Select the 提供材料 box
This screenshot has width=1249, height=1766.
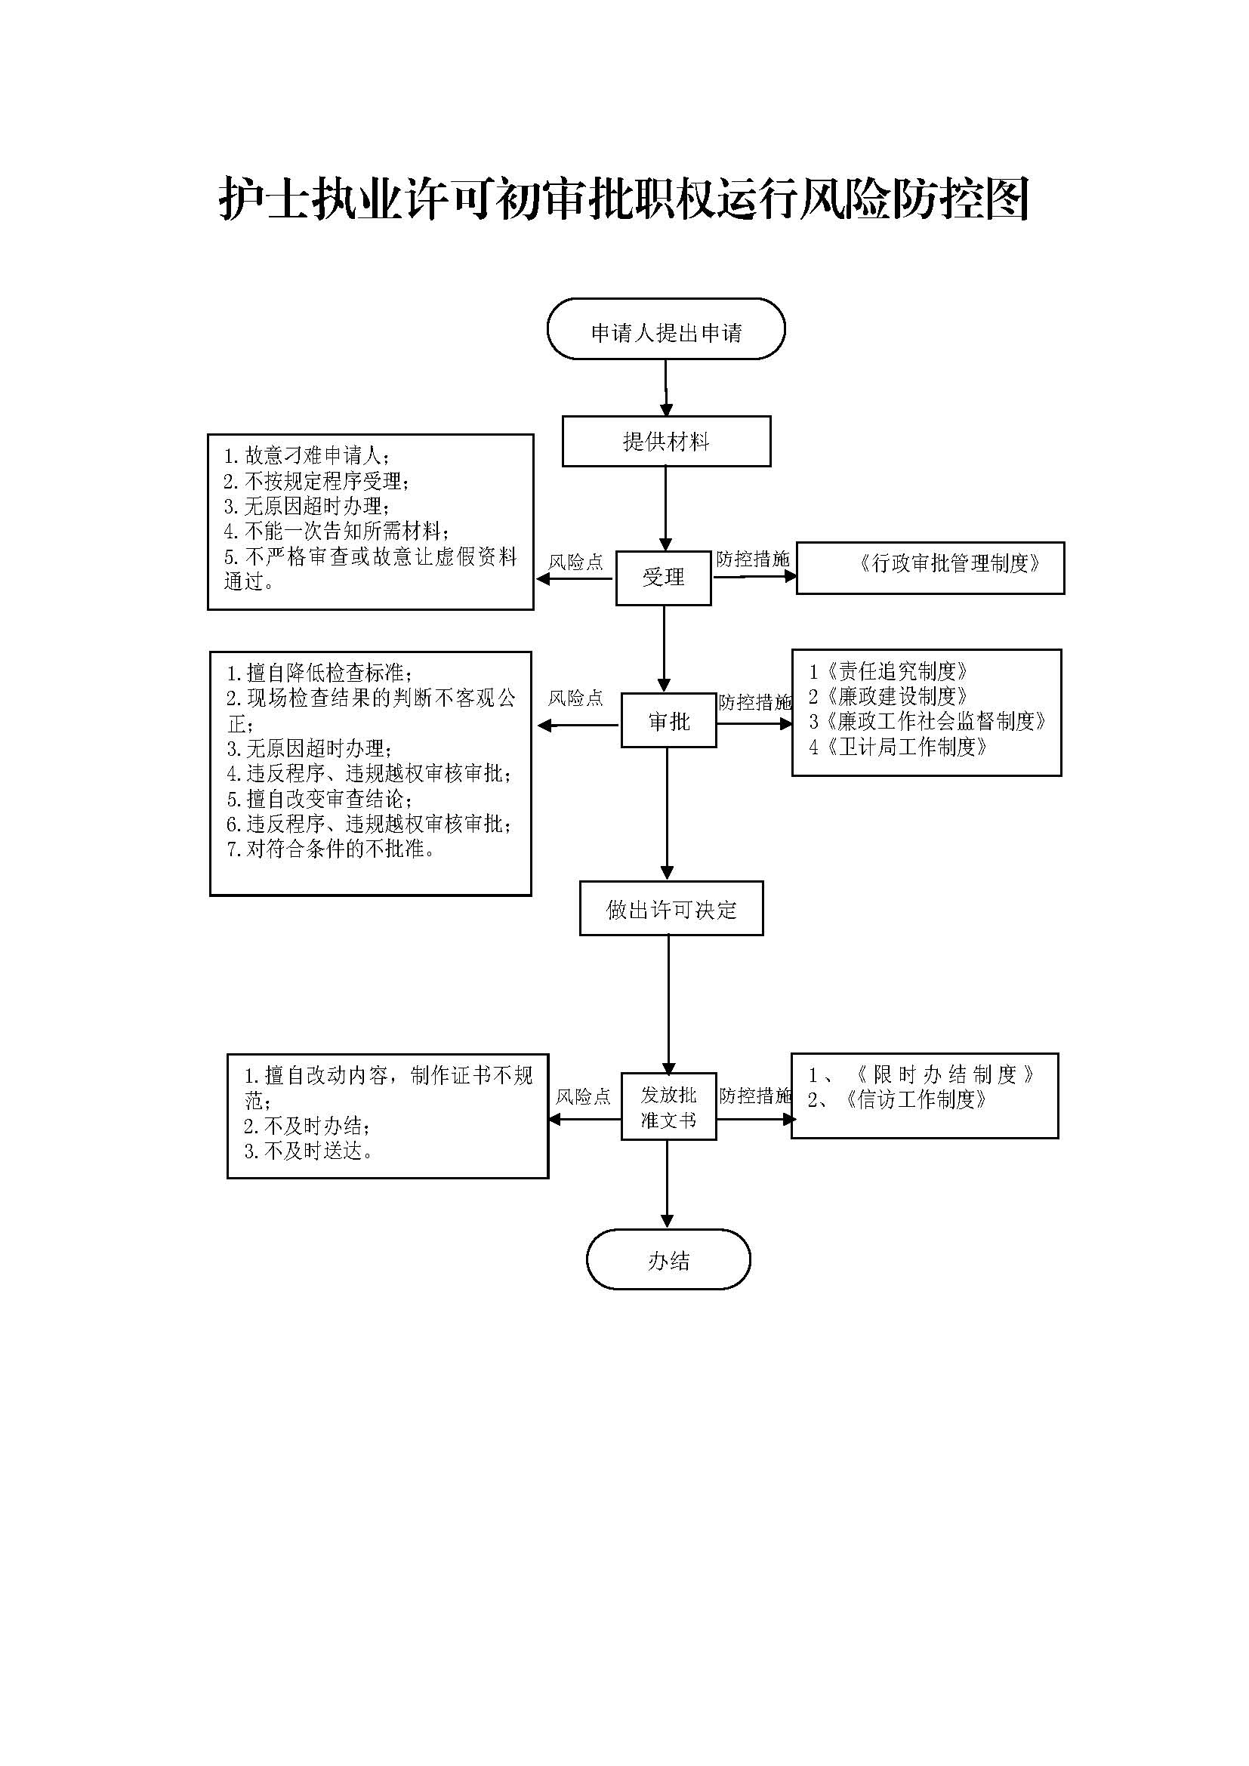(x=666, y=442)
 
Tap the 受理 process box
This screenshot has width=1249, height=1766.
(x=663, y=578)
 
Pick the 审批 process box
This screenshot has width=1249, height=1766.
(x=668, y=721)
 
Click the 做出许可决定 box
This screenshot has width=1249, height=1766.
(x=671, y=909)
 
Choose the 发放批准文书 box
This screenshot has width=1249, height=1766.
(x=668, y=1107)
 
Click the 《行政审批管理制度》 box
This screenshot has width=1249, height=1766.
(x=930, y=568)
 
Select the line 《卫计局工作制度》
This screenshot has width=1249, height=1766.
(x=899, y=747)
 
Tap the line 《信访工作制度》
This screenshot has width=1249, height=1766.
(x=898, y=1100)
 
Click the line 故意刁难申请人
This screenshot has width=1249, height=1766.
(x=307, y=456)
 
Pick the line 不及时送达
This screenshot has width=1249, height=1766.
(x=309, y=1151)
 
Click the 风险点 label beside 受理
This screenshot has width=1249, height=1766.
(x=575, y=562)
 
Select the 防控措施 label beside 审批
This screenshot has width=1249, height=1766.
(x=754, y=702)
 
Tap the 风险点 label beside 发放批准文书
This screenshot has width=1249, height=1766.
(x=583, y=1096)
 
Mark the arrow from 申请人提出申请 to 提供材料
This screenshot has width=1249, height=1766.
(x=666, y=387)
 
